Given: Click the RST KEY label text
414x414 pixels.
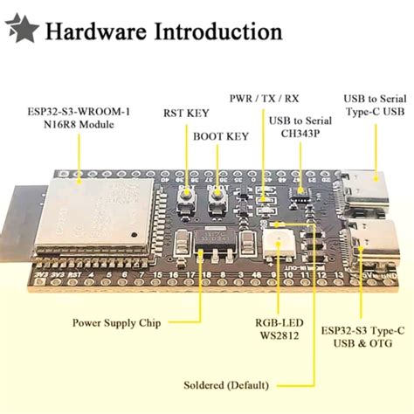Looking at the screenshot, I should (x=185, y=113).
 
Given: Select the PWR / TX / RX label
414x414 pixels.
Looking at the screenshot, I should (x=265, y=97).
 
